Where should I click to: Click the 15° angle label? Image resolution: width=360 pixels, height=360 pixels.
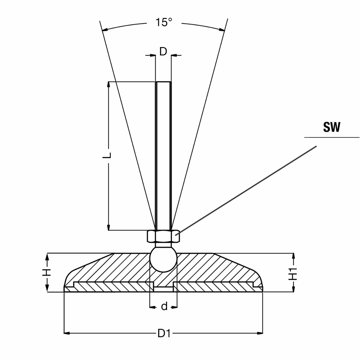[164, 22]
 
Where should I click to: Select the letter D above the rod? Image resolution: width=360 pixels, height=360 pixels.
[163, 52]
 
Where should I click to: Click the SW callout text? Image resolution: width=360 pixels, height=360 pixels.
[332, 127]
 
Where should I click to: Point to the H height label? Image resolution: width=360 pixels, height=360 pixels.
[47, 272]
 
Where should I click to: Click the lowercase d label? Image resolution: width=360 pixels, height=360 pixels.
[164, 307]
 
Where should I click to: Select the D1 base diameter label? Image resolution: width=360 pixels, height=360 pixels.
[164, 333]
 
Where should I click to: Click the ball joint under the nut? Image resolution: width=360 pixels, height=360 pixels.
[163, 259]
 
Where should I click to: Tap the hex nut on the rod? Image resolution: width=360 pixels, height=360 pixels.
[163, 236]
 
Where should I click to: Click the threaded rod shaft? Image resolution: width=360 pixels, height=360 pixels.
[163, 155]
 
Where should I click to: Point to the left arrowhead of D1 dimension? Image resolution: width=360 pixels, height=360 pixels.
[66, 333]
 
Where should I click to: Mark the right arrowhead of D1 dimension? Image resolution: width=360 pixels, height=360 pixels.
[260, 333]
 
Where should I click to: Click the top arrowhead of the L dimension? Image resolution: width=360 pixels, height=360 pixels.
[109, 84]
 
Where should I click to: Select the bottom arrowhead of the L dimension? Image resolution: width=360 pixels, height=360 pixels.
[109, 228]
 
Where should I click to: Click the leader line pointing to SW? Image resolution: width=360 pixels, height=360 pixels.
[246, 190]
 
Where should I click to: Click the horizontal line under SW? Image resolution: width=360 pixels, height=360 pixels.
[332, 137]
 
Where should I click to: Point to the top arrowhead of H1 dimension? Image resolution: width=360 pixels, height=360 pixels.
[293, 255]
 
